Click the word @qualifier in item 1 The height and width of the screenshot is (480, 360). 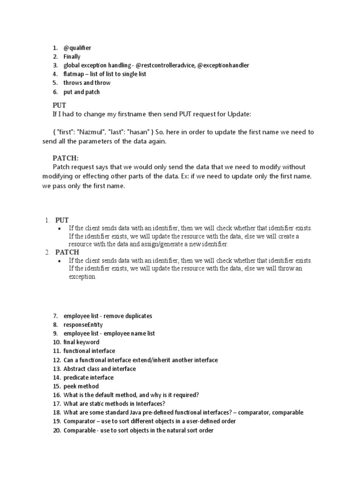coord(77,48)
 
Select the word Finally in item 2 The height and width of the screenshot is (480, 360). coord(72,57)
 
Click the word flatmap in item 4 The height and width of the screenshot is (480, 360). coord(74,74)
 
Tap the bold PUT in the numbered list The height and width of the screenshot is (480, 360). coord(62,220)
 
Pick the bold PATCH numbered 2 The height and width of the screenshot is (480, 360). coord(67,252)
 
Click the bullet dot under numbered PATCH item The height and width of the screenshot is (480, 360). coord(59,261)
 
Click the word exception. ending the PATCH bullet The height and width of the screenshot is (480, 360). coord(82,277)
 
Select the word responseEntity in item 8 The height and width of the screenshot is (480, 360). coord(83,325)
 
